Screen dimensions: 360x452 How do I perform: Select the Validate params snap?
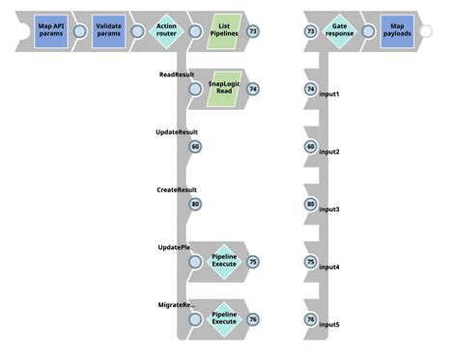tap(110, 31)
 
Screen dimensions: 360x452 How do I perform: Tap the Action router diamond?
tap(166, 31)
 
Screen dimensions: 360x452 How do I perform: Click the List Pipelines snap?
tap(223, 31)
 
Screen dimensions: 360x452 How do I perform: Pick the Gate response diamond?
tap(340, 31)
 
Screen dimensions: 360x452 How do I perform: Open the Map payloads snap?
tap(397, 31)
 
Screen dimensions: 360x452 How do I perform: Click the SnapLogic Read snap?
tap(223, 89)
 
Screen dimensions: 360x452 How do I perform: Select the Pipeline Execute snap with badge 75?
tap(223, 261)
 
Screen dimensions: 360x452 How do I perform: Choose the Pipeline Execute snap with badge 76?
tap(223, 318)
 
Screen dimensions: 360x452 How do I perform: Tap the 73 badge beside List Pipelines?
tap(253, 32)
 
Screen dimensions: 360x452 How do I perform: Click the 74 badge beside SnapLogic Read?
tap(253, 89)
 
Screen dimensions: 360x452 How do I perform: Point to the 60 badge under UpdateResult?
tap(196, 147)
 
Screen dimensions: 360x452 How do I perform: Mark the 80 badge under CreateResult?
tap(196, 204)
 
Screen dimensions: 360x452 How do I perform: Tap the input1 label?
tap(329, 94)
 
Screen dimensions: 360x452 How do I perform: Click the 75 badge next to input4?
tap(310, 262)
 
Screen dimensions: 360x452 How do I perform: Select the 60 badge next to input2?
tap(310, 147)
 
